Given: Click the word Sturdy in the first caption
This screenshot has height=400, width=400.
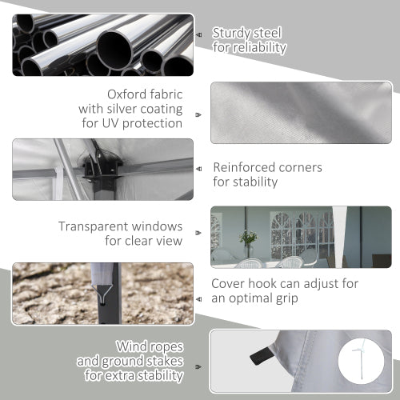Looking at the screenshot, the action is click(231, 34).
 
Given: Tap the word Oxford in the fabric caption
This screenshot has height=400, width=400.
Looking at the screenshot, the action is click(127, 94).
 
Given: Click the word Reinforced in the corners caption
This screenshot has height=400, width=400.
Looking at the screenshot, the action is click(244, 167).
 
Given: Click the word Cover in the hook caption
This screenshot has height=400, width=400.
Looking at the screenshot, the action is click(228, 284).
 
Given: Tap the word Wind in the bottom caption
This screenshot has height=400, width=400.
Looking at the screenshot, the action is click(131, 346).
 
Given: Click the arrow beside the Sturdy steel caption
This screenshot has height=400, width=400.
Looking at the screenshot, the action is click(198, 35).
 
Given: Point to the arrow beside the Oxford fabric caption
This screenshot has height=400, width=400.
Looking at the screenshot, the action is click(198, 115).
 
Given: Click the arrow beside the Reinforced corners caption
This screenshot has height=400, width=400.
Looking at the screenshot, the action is click(198, 169).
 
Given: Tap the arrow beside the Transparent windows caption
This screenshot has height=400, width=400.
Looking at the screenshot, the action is click(198, 233).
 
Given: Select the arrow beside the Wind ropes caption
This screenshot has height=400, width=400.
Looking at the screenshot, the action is click(198, 367).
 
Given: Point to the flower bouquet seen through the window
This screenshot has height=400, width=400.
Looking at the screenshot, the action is click(248, 238).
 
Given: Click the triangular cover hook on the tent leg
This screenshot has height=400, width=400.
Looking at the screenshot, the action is click(102, 292).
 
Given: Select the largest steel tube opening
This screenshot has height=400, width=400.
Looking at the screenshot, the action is click(114, 50).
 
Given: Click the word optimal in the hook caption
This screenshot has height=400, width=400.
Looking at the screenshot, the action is click(250, 298).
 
